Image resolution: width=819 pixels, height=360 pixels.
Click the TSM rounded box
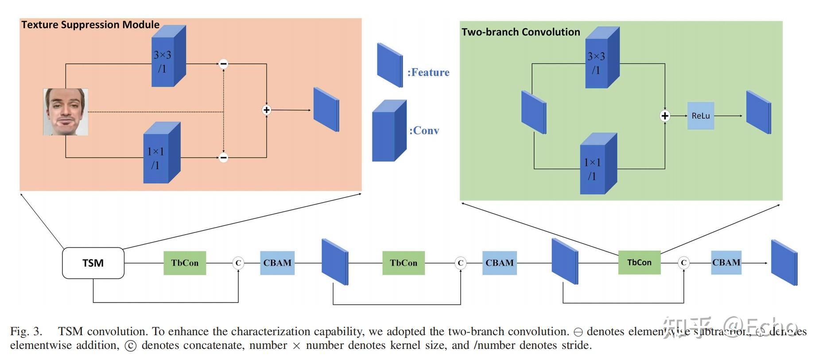[93, 263]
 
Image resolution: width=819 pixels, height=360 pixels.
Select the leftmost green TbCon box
[185, 263]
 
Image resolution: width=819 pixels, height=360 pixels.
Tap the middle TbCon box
[404, 263]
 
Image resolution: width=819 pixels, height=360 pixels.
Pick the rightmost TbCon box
[639, 263]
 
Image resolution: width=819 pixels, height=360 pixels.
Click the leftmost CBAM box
[277, 263]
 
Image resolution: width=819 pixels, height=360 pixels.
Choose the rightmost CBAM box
[726, 263]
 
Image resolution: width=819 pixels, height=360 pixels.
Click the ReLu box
[700, 116]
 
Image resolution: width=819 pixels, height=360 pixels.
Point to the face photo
[66, 112]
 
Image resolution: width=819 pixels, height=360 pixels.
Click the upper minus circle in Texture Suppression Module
[224, 64]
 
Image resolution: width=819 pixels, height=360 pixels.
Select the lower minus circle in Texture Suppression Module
[224, 157]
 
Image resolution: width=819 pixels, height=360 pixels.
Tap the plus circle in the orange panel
[266, 110]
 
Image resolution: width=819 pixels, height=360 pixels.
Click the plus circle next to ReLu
[664, 116]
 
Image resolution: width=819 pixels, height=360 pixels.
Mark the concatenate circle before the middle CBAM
[460, 263]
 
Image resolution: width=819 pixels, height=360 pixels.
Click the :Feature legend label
[428, 73]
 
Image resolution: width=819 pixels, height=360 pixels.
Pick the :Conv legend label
[424, 131]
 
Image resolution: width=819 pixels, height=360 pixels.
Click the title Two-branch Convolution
[520, 32]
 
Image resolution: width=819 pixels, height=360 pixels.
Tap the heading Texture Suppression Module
[90, 25]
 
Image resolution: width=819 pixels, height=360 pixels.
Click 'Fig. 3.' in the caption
[26, 332]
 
